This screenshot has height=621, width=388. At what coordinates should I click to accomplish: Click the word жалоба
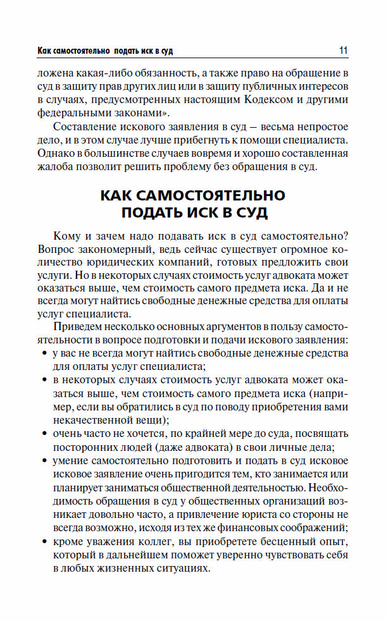[55, 167]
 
